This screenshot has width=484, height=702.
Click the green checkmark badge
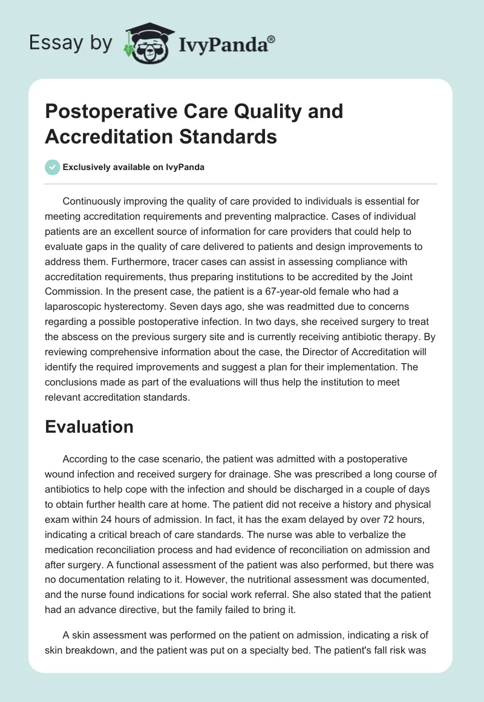click(x=52, y=167)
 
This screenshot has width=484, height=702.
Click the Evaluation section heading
click(x=89, y=427)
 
